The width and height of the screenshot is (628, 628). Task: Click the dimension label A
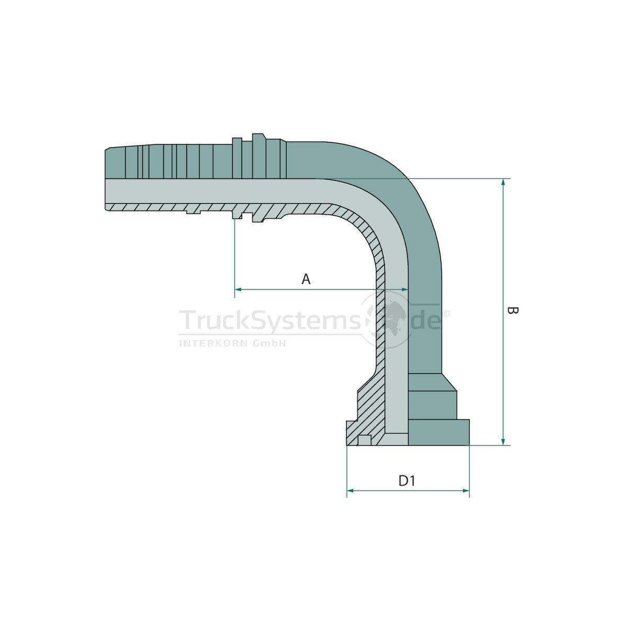pos(306,279)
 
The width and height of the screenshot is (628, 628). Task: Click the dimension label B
pos(513,310)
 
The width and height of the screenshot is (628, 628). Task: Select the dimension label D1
pos(407,481)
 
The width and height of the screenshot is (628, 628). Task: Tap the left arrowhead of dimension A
pos(238,289)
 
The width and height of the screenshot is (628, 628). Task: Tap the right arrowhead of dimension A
pos(405,289)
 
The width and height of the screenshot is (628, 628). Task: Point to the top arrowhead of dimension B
pos(503,182)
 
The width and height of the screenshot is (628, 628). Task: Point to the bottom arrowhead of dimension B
pos(503,442)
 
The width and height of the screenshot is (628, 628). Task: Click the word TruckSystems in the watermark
pos(270,321)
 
